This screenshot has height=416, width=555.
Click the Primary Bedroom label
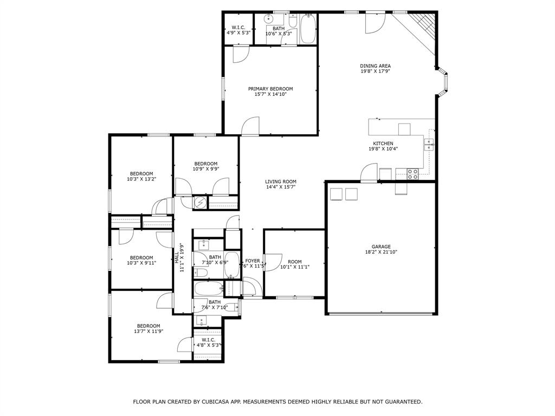[270, 89]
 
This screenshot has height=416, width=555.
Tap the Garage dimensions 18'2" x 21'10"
[381, 252]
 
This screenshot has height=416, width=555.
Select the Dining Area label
[375, 66]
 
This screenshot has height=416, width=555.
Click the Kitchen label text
[383, 143]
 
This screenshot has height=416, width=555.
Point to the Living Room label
[281, 181]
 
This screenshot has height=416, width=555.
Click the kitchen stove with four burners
[412, 174]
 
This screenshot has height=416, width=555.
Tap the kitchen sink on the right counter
[429, 144]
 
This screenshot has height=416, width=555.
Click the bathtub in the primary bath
[308, 29]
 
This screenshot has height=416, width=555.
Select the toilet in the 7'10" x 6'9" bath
[201, 273]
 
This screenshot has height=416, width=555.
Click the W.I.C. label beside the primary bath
[238, 28]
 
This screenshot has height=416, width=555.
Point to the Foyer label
[253, 261]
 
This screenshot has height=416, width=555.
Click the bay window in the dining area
[443, 82]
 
